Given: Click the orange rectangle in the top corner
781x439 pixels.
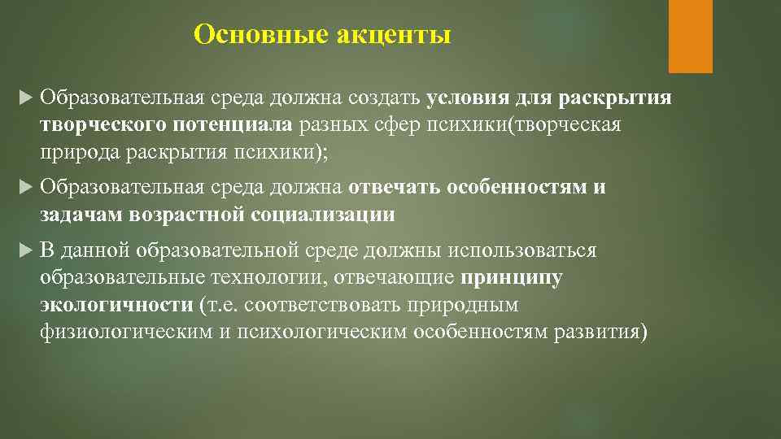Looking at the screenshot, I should pyautogui.click(x=690, y=36).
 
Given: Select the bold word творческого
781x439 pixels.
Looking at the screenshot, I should pyautogui.click(x=103, y=126).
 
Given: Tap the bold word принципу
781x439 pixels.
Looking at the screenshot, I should pyautogui.click(x=511, y=277).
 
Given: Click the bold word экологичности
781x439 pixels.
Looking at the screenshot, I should pyautogui.click(x=115, y=305).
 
